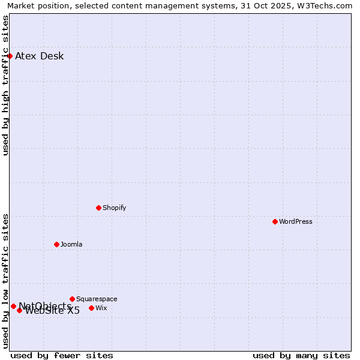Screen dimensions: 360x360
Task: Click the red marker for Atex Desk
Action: click(10, 56)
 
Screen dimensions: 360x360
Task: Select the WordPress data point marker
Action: click(275, 221)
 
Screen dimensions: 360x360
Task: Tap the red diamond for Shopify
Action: click(98, 208)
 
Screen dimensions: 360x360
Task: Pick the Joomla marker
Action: click(56, 244)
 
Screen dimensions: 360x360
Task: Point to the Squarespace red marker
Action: click(72, 299)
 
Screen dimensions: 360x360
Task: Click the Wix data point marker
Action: click(91, 308)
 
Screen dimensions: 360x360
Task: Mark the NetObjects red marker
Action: click(13, 306)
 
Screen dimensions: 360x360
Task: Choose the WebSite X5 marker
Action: click(19, 310)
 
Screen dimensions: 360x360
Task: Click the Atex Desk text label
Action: click(39, 56)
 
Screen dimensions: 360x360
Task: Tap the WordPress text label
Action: click(296, 221)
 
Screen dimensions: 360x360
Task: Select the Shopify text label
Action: click(114, 208)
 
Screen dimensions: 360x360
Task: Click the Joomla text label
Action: click(71, 244)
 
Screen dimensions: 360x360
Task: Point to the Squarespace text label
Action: click(97, 299)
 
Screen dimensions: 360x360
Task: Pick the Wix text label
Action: click(101, 308)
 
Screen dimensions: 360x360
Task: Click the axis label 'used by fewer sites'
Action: click(62, 355)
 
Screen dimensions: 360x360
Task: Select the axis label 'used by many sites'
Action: click(301, 355)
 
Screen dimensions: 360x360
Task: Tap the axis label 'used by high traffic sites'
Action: click(5, 85)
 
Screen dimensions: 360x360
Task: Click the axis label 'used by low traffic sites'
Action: click(5, 281)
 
